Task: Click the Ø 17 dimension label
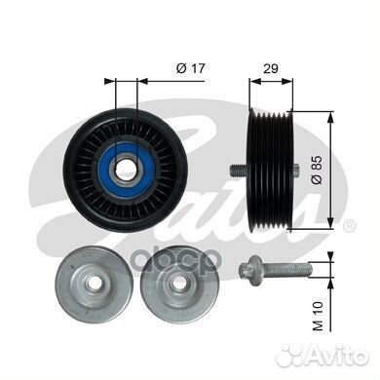(x=191, y=68)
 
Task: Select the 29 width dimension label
(x=271, y=68)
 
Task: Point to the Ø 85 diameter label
(x=317, y=170)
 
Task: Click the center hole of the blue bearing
(x=127, y=169)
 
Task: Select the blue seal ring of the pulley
(x=127, y=169)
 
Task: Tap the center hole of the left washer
(x=95, y=283)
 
